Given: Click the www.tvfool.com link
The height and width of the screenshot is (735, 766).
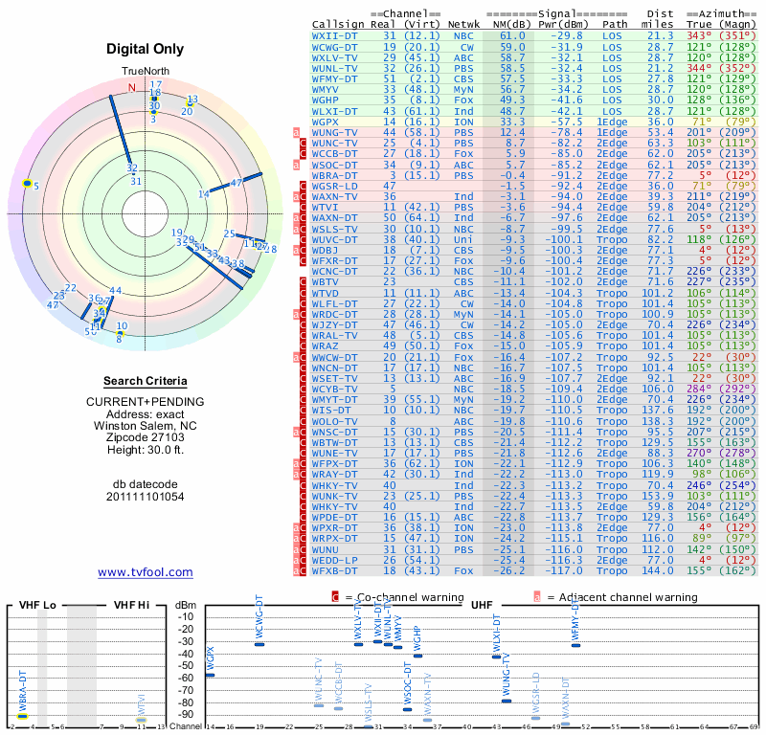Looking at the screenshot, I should coord(145,572).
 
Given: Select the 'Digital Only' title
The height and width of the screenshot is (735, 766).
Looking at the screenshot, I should coord(146,49).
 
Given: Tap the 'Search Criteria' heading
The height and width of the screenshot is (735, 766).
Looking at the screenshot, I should coord(146,381).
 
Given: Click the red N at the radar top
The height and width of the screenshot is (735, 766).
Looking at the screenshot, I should coord(133,88).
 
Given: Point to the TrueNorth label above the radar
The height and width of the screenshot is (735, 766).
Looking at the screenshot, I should coord(145,72).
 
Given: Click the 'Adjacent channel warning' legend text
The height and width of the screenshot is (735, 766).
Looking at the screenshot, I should coord(621,597).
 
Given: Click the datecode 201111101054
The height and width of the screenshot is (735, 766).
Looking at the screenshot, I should coord(146,497).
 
